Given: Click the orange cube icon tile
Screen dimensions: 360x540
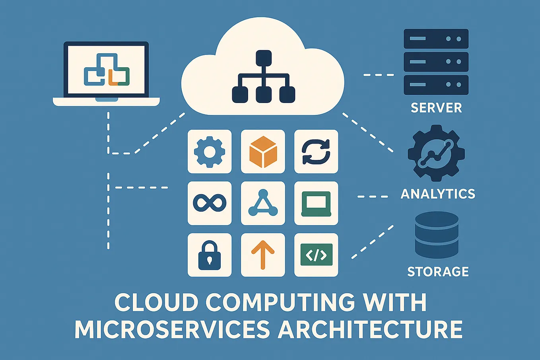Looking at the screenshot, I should click(263, 152).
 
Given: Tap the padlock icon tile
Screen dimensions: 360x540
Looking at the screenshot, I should click(210, 255).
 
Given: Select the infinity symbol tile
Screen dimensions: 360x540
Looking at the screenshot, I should click(210, 203).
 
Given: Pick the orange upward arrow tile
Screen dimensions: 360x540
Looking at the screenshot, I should click(263, 255).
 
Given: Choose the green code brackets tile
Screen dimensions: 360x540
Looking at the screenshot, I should click(316, 255).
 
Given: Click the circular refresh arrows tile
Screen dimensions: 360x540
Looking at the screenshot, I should click(316, 152).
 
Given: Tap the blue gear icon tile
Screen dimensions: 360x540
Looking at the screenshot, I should click(210, 152).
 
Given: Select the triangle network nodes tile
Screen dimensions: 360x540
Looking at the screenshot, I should click(263, 203).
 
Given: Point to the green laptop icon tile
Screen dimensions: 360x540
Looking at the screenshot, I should click(316, 203).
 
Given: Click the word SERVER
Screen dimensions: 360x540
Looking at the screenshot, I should click(436, 108).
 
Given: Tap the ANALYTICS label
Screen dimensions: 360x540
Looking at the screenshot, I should click(438, 194).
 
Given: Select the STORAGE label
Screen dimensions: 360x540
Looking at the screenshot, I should click(438, 272).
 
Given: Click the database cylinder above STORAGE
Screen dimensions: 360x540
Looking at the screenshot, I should click(437, 235).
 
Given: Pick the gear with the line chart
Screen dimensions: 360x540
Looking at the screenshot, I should click(436, 153).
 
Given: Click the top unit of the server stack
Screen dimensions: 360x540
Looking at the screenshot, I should click(436, 39).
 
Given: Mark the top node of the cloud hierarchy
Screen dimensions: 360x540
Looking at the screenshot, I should click(263, 58).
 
